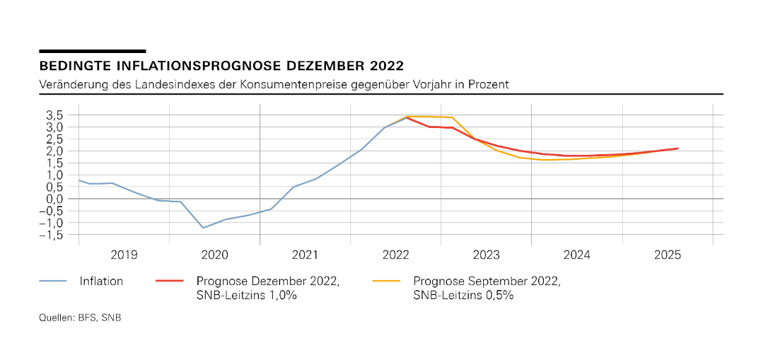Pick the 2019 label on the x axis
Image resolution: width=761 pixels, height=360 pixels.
[x=124, y=255]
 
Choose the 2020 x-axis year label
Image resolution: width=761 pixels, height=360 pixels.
[x=214, y=255]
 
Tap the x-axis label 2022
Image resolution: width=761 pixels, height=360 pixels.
[x=396, y=255]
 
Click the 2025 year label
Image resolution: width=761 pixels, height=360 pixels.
[x=668, y=255]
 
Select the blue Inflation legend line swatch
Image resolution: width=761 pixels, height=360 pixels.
[x=52, y=280]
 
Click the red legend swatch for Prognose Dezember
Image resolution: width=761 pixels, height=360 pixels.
[x=169, y=280]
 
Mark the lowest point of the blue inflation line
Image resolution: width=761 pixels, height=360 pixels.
[x=202, y=228]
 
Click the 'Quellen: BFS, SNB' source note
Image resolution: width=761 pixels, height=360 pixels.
[x=80, y=319]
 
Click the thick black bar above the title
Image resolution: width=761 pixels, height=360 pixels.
[x=92, y=51]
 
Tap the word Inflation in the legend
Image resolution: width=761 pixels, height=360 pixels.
[x=101, y=280]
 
